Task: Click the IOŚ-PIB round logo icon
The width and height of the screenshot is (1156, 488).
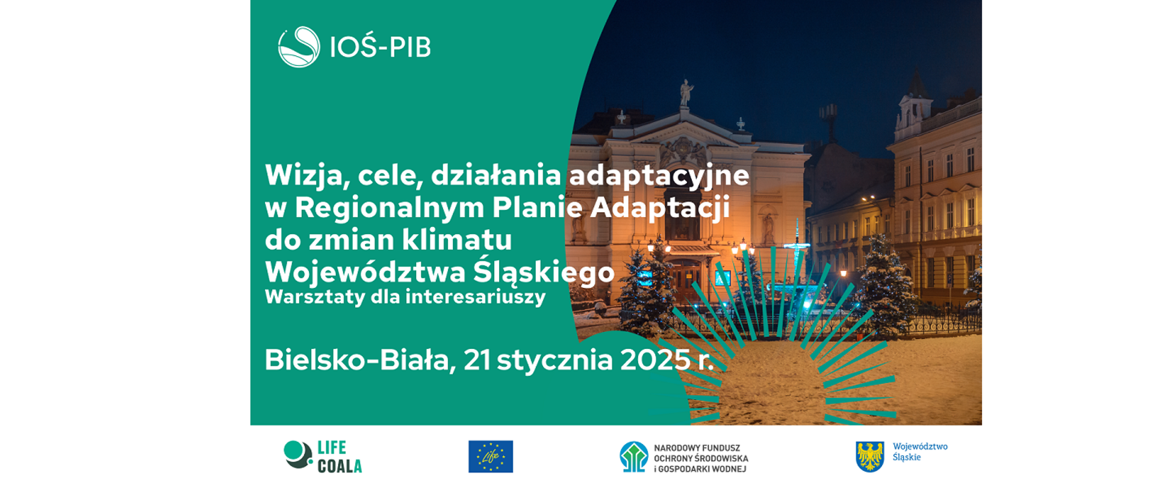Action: click(299, 47)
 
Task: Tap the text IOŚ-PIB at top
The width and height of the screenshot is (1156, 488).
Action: click(381, 47)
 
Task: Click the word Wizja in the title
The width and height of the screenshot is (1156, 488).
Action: click(305, 176)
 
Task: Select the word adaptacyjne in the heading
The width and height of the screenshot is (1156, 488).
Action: click(659, 176)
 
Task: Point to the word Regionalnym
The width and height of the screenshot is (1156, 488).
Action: click(389, 208)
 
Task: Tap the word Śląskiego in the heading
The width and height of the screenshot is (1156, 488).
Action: click(544, 272)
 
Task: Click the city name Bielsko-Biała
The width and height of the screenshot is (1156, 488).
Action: click(359, 360)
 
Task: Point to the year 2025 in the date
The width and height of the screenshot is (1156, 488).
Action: click(655, 360)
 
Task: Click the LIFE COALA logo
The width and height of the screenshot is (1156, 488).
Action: click(323, 456)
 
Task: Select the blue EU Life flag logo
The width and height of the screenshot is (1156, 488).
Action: click(491, 456)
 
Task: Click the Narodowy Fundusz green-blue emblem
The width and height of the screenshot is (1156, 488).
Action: click(634, 457)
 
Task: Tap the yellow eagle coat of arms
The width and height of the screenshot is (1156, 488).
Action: click(870, 456)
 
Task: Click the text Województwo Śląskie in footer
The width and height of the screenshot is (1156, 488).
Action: click(919, 452)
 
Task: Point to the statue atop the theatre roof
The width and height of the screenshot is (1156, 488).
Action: click(685, 93)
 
